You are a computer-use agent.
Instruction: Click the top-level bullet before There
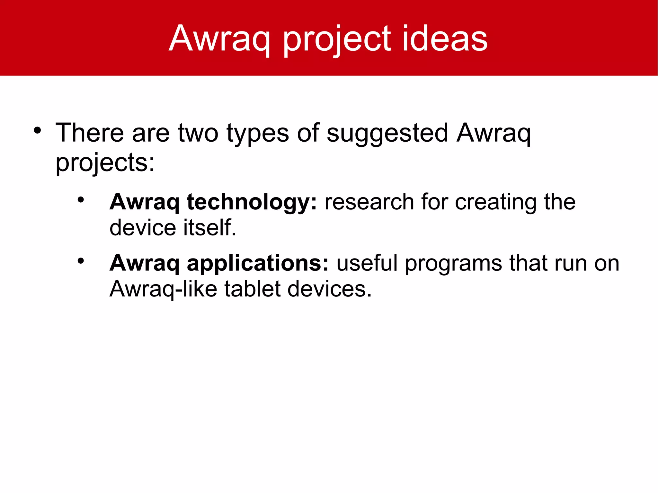[38, 130]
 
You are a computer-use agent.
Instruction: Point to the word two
[198, 133]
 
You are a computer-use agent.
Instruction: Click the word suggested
[387, 133]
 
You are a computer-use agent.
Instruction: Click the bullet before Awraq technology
[81, 200]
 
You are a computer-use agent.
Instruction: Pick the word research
[369, 202]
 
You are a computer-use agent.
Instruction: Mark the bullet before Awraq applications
[81, 261]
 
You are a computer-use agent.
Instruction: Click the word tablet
[252, 289]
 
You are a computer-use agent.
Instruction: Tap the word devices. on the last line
[329, 289]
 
